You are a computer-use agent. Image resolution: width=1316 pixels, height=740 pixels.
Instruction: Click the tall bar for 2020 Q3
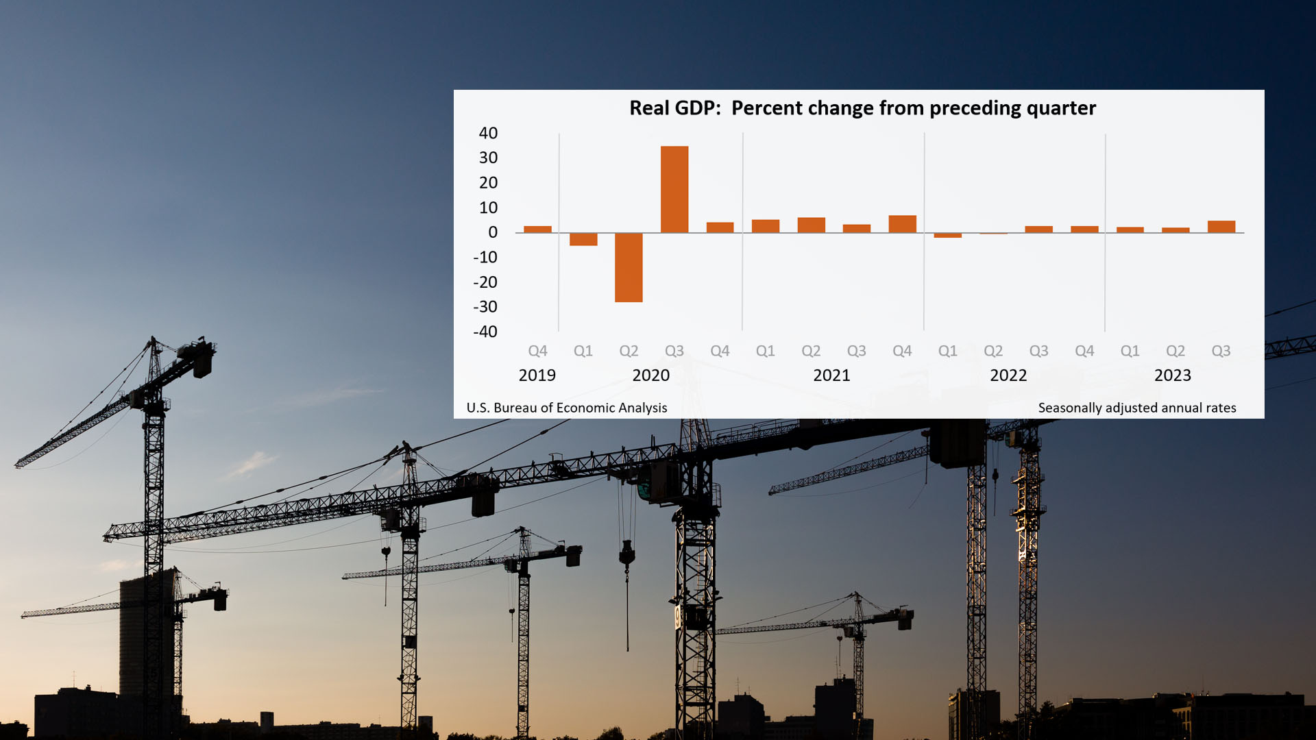pyautogui.click(x=674, y=189)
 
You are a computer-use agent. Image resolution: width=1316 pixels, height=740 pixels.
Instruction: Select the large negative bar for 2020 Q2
pyautogui.click(x=629, y=267)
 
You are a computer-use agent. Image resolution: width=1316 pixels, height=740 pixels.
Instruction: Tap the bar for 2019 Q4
pyautogui.click(x=537, y=230)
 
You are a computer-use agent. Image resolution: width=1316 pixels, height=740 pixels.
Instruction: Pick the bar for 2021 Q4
pyautogui.click(x=902, y=224)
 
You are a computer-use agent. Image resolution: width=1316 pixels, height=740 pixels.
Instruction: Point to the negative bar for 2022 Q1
pyautogui.click(x=947, y=235)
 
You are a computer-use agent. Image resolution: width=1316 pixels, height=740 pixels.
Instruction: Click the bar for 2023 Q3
pyautogui.click(x=1221, y=227)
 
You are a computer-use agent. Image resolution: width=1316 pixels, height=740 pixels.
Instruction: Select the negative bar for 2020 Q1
pyautogui.click(x=583, y=239)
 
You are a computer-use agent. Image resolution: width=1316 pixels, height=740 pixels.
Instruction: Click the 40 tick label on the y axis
pyautogui.click(x=488, y=133)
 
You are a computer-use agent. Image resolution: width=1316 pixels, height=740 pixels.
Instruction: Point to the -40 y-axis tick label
pyautogui.click(x=485, y=332)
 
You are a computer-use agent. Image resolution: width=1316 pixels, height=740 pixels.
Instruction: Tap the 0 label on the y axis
pyautogui.click(x=493, y=232)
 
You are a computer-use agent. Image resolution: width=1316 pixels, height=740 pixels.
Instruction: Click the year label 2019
pyautogui.click(x=537, y=375)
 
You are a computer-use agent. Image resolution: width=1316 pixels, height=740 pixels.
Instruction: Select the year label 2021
pyautogui.click(x=831, y=375)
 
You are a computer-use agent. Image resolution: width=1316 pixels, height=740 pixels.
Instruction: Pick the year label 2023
pyautogui.click(x=1172, y=375)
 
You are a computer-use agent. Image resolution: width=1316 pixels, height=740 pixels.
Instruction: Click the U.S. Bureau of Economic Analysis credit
pyautogui.click(x=566, y=408)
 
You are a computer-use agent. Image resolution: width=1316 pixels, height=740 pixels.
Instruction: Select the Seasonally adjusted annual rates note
pyautogui.click(x=1136, y=408)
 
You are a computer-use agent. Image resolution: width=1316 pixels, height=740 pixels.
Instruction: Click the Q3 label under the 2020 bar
pyautogui.click(x=674, y=351)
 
